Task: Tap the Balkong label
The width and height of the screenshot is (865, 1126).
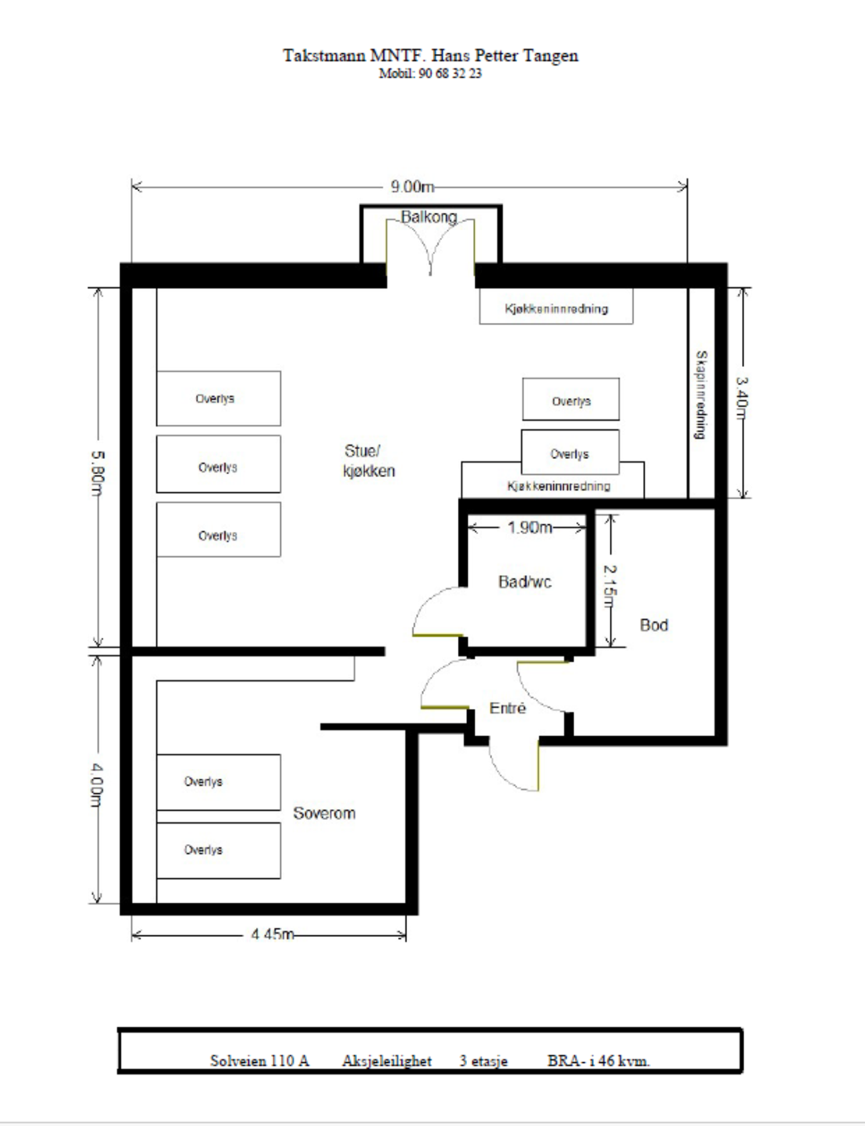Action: pos(429,217)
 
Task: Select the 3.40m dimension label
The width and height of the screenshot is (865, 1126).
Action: pos(742,398)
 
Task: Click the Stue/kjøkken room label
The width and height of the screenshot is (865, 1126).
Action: pos(369,461)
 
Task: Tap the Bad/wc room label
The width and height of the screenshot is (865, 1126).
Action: pos(525,582)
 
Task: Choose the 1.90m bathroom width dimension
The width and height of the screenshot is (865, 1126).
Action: pos(530,528)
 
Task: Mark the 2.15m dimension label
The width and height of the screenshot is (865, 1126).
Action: pos(610,586)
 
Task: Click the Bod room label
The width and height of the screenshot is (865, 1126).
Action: pos(654,625)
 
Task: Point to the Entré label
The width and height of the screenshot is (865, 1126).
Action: pos(507,708)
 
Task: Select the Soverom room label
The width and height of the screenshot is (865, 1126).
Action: pos(324,813)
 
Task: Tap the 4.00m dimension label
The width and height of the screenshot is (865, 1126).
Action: pos(97,784)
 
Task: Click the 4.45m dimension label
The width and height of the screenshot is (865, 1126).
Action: pos(273,935)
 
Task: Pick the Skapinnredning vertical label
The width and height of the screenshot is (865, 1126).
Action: pos(702,395)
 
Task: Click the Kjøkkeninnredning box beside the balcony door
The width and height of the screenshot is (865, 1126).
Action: pos(556,307)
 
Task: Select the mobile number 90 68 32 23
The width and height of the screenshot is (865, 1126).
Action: pos(450,74)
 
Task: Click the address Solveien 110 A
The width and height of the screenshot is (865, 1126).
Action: pos(260,1061)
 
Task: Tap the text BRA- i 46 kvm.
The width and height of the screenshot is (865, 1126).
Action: pos(599,1061)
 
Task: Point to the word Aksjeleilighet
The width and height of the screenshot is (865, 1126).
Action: pos(387,1062)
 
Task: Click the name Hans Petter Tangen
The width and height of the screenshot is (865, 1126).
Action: pos(505,56)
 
